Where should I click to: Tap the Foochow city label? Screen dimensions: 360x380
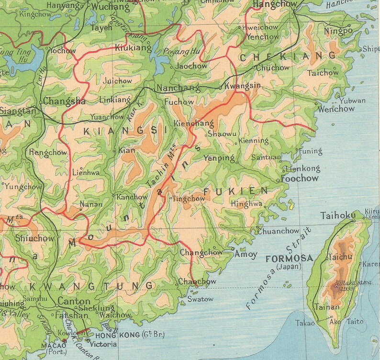point(300,179)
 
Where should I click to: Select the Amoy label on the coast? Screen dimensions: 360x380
point(246,254)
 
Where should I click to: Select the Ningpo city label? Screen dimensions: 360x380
point(338,31)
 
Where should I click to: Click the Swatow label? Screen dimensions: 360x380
point(200,299)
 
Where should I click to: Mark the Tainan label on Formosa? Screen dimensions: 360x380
point(326,307)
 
